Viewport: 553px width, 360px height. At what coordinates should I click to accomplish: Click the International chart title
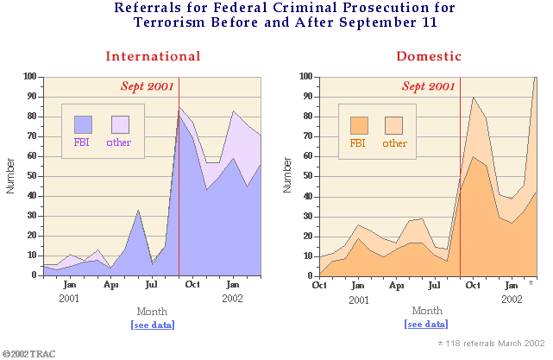(153, 56)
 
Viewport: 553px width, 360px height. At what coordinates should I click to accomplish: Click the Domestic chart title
(429, 56)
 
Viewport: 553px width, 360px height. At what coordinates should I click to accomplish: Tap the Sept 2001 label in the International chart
(147, 86)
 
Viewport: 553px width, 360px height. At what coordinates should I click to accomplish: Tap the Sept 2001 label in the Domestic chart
(429, 86)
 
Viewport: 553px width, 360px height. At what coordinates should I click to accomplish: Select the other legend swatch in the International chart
(120, 123)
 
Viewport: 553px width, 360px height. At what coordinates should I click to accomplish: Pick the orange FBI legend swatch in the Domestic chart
(360, 125)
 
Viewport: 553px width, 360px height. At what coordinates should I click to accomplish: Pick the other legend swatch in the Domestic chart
(393, 125)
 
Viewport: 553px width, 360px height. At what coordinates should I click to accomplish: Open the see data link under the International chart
(153, 325)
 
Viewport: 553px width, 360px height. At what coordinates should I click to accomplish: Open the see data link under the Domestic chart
(426, 324)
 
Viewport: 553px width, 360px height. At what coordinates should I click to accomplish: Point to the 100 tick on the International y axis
(29, 77)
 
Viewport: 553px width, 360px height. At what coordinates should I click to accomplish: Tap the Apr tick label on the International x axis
(111, 284)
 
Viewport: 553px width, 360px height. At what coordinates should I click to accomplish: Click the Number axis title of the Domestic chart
(287, 175)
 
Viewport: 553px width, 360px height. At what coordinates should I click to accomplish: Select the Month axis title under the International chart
(153, 311)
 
